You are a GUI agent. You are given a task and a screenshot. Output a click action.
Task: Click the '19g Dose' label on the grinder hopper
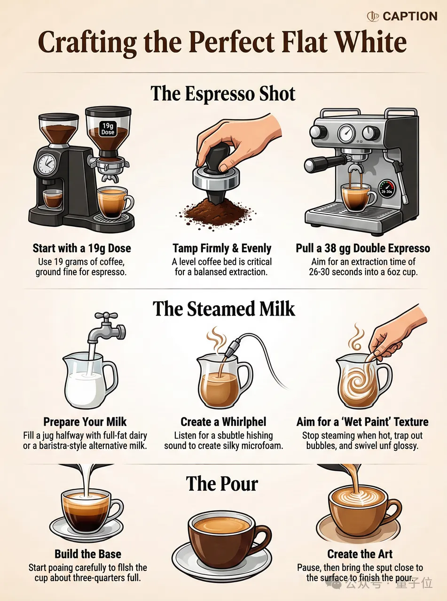pyautogui.click(x=108, y=129)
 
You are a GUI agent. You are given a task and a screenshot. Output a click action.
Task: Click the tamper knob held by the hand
pyautogui.click(x=219, y=158)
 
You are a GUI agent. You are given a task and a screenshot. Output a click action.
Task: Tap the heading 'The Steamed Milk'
pyautogui.click(x=224, y=309)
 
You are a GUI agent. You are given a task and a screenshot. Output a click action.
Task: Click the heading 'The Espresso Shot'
pyautogui.click(x=223, y=93)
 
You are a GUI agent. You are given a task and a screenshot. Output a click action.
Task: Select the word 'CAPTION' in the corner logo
pyautogui.click(x=410, y=16)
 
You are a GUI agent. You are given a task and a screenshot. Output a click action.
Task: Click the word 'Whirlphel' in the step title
pyautogui.click(x=244, y=422)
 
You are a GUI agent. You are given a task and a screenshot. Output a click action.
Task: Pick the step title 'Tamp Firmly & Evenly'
pyautogui.click(x=222, y=248)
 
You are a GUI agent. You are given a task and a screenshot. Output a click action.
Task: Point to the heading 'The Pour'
pyautogui.click(x=222, y=484)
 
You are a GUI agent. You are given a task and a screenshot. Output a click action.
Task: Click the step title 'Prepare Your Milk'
pyautogui.click(x=85, y=422)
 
